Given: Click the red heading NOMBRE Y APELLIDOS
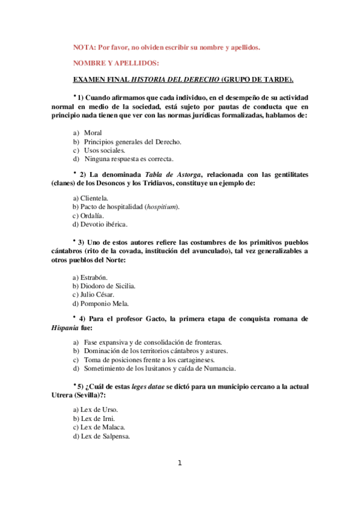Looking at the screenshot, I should pyautogui.click(x=117, y=63).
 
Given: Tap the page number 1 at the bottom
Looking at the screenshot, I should pyautogui.click(x=179, y=463).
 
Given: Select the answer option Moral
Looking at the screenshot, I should pyautogui.click(x=93, y=132).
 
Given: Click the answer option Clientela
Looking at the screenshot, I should pyautogui.click(x=90, y=197).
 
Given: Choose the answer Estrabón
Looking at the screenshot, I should pyautogui.click(x=90, y=277).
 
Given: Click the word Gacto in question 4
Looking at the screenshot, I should pyautogui.click(x=159, y=319).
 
